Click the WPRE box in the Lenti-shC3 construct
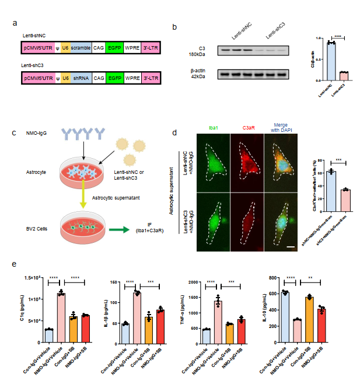pos(130,77)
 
